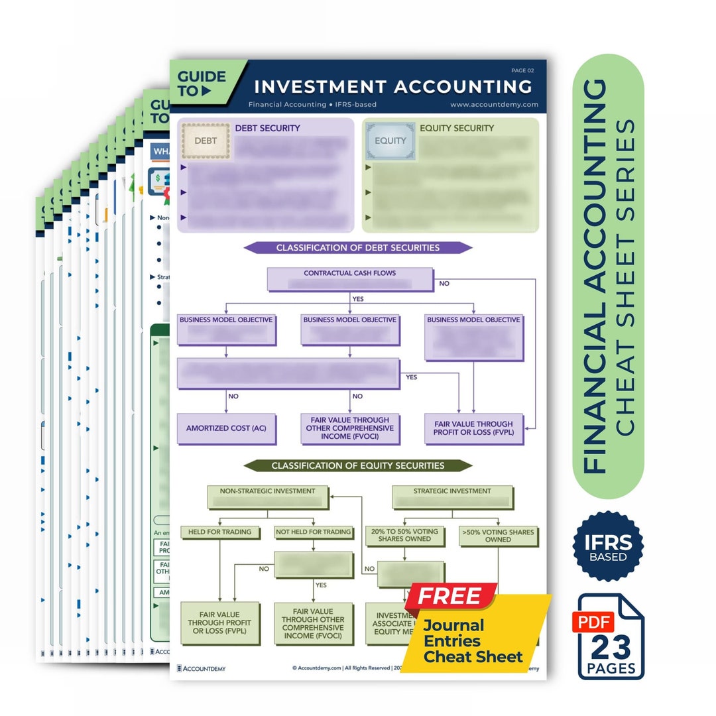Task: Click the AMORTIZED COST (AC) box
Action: click(x=226, y=429)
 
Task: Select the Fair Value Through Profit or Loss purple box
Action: click(x=473, y=428)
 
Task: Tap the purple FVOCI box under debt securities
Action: click(x=349, y=428)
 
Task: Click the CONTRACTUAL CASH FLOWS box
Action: click(x=349, y=278)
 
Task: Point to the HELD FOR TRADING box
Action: click(x=219, y=532)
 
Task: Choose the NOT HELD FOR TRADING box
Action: click(x=313, y=532)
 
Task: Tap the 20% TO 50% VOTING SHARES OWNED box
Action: click(x=405, y=536)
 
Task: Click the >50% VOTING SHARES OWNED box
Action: click(x=498, y=536)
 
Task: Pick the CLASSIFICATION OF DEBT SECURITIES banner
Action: click(x=357, y=248)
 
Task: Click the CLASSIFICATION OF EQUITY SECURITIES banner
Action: click(x=357, y=466)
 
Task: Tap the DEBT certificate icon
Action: click(x=205, y=141)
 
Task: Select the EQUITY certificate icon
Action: click(x=390, y=141)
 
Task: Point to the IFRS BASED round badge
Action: click(x=608, y=546)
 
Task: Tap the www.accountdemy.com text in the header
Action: click(x=494, y=105)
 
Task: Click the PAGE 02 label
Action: click(x=522, y=70)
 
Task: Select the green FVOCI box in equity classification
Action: click(x=313, y=623)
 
